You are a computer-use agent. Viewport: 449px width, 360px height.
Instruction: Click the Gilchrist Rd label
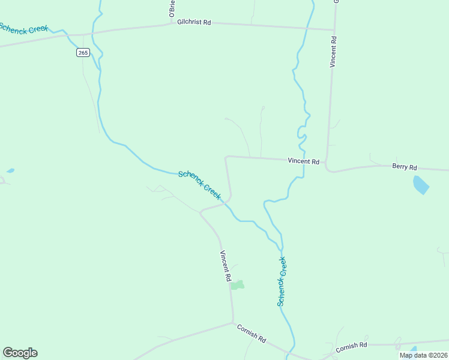click(194, 22)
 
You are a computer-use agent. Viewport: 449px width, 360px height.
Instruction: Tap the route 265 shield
click(83, 53)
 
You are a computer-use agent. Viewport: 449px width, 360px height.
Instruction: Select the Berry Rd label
click(404, 167)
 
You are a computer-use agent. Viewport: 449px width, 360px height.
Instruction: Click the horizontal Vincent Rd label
click(303, 161)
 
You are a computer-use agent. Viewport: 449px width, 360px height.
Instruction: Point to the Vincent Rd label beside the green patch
click(225, 266)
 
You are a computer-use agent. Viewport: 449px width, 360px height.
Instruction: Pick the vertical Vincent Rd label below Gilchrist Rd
click(334, 52)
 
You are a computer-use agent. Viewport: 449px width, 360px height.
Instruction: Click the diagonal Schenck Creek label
click(200, 185)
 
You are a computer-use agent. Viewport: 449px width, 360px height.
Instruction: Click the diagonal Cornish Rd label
click(252, 334)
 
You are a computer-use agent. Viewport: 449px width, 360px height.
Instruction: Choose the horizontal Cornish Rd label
click(351, 347)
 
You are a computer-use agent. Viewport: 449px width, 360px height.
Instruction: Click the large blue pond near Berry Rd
click(421, 185)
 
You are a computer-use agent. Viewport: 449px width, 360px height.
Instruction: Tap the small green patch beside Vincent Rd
click(238, 285)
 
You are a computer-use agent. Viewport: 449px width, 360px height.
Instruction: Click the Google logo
click(20, 353)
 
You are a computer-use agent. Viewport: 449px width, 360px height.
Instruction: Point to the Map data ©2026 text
click(423, 355)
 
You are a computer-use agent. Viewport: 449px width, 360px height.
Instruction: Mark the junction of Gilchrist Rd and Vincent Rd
click(334, 29)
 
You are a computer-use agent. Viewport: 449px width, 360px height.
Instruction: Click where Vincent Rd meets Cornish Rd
click(233, 323)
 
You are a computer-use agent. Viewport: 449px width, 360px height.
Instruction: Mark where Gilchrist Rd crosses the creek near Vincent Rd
click(307, 28)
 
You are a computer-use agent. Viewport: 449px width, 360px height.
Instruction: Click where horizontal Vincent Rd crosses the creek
click(303, 160)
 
